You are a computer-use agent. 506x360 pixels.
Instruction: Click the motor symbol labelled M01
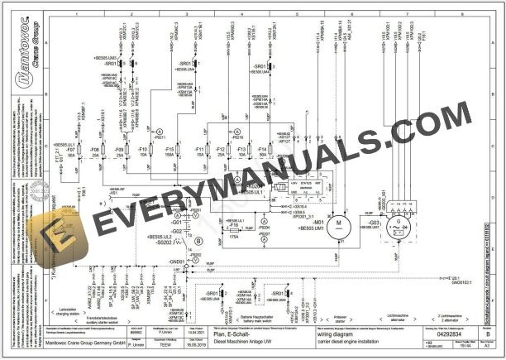338,222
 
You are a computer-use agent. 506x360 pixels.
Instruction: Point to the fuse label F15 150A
169,151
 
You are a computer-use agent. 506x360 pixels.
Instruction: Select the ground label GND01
175,261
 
